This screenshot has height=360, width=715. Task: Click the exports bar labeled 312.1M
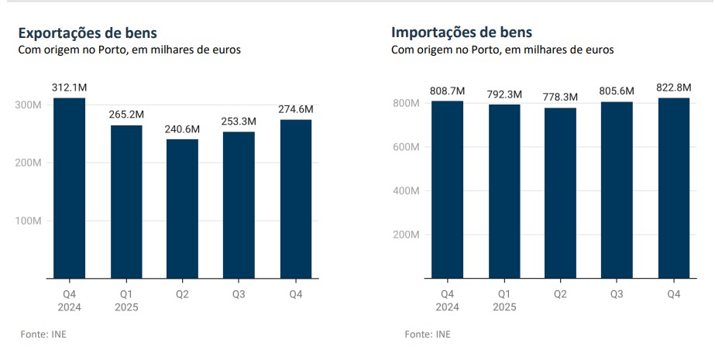pos(69,188)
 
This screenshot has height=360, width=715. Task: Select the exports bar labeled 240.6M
pos(182,209)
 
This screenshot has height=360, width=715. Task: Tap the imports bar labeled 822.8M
pos(674,188)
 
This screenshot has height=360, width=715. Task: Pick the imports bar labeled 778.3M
pos(560,193)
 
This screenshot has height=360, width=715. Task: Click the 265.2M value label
pos(125,115)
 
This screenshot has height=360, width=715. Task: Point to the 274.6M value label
pos(296,109)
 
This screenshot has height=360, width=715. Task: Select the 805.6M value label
pos(617,91)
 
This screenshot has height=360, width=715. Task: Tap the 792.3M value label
pos(504,94)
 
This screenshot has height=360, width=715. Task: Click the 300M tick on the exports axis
pos(28,105)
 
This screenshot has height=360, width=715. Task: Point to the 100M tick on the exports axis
pos(28,221)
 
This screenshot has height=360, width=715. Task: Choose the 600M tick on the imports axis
pos(406,147)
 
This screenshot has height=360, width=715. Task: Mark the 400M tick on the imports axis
pos(406,190)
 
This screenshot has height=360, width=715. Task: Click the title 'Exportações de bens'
pos(88,33)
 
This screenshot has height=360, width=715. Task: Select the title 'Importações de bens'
pos(462,33)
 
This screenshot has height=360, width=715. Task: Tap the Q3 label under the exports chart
pos(239,294)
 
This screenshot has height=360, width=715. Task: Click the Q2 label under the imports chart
pos(560,294)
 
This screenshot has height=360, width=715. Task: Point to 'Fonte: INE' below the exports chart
pos(43,334)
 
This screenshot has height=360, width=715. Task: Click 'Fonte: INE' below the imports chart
pos(428,334)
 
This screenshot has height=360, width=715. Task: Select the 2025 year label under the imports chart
pos(504,307)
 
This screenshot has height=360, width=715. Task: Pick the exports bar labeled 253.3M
pos(239,205)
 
